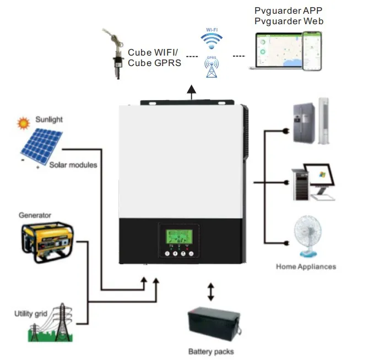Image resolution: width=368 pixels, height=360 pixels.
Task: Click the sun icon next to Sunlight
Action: [23, 122]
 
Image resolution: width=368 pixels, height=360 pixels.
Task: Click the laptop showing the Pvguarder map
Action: [275, 51]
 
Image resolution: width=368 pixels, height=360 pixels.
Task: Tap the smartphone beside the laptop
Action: [311, 50]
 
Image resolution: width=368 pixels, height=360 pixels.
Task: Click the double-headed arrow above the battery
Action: [210, 292]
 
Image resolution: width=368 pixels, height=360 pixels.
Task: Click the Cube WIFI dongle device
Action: [117, 55]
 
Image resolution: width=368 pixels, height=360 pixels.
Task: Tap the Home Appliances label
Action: [306, 266]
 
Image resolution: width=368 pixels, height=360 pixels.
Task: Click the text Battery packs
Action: [211, 351]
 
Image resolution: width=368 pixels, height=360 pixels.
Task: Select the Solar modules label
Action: [73, 165]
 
